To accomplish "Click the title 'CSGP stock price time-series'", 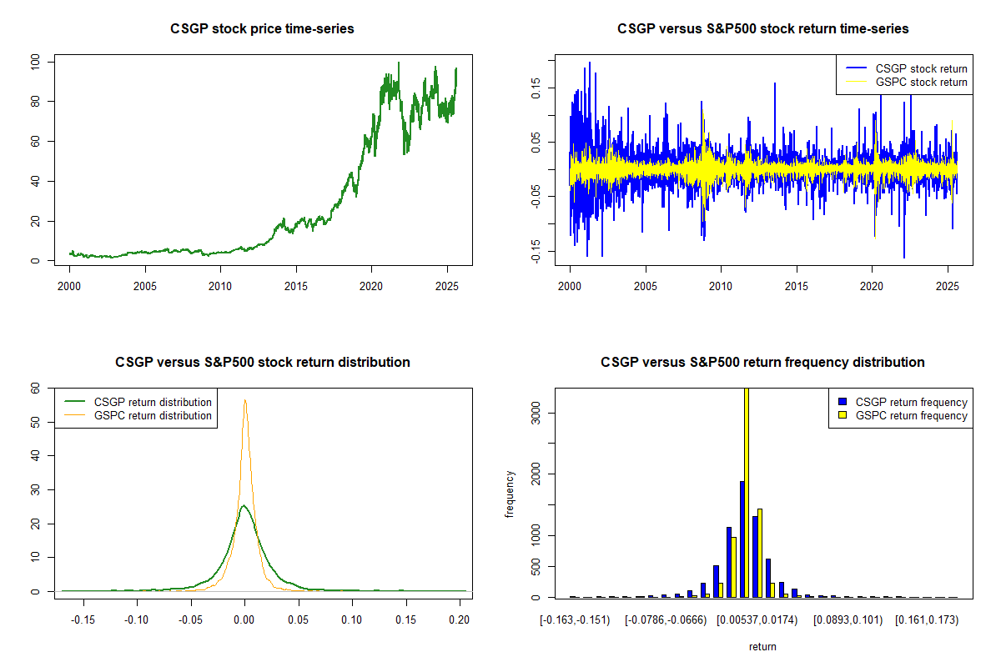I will point(263,29).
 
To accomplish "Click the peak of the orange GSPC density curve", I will point(245,400).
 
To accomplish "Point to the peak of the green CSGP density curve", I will point(243,505).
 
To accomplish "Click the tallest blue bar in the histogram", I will point(741,539).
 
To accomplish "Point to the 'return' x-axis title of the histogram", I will point(762,646).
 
